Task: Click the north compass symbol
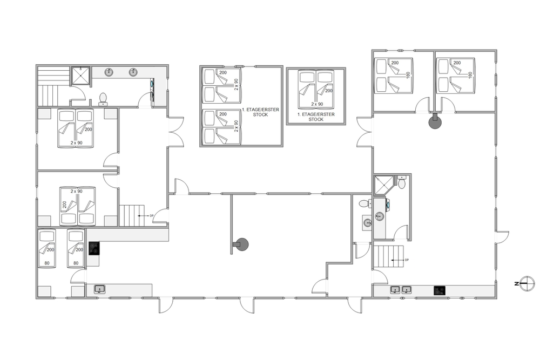527,283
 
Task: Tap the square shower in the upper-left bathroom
80,76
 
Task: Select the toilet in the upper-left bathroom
103,99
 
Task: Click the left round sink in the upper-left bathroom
110,72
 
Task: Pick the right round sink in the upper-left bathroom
133,72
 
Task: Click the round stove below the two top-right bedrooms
435,122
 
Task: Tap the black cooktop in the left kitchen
94,248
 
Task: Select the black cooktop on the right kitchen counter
440,290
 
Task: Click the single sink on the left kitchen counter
100,289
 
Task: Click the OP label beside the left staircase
151,215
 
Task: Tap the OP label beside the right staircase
407,260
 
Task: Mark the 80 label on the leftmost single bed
47,263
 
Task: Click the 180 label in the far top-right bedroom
470,76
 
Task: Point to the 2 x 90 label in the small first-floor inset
317,104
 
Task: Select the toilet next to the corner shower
402,182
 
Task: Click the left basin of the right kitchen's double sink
395,290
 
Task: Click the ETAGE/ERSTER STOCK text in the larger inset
260,112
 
